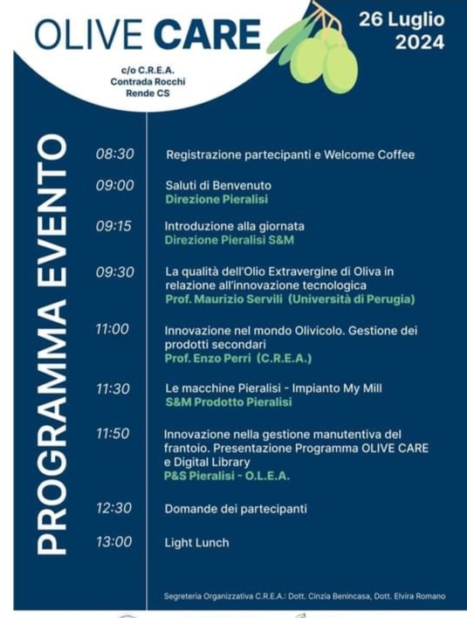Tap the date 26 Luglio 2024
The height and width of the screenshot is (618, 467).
[x=402, y=31]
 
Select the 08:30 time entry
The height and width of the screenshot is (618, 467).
[x=114, y=154]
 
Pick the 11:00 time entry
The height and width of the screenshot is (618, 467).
[x=113, y=329]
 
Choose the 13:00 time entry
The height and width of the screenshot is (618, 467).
[x=114, y=542]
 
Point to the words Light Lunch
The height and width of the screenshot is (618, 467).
[x=197, y=542]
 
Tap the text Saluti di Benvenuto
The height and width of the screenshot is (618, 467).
[x=218, y=185]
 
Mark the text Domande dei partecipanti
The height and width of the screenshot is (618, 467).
[x=236, y=508]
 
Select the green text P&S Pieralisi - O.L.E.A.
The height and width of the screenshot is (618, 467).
[x=226, y=477]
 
